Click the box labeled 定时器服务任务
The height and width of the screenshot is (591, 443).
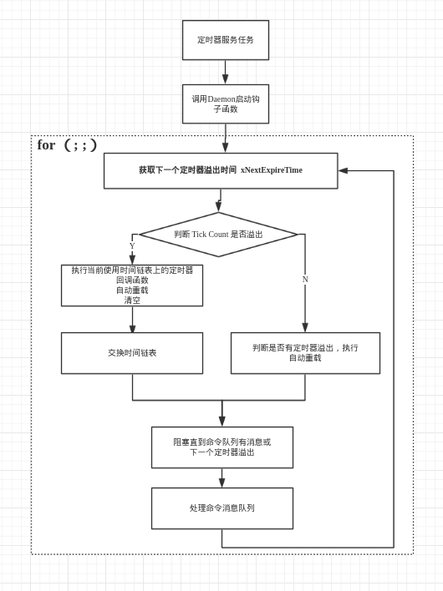pos(226,40)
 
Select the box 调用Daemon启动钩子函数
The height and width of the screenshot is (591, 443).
pos(226,104)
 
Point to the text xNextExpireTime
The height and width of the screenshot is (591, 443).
pos(272,170)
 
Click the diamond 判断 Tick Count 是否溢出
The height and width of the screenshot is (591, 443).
pos(218,235)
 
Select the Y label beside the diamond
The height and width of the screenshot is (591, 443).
pos(132,245)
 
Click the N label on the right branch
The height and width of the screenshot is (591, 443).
pos(305,280)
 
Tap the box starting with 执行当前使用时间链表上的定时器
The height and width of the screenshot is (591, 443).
pos(132,285)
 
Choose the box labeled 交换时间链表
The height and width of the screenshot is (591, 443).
pos(132,353)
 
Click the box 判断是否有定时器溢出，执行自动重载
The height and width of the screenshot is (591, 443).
pos(305,353)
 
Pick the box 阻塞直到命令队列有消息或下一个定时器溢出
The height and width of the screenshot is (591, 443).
pos(221,447)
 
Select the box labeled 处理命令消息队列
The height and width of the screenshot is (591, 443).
pos(221,508)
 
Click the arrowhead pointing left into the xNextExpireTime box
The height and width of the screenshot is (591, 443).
pos(343,170)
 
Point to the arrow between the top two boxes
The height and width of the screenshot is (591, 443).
pos(225,73)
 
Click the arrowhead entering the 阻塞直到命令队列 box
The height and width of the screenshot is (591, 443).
pos(221,422)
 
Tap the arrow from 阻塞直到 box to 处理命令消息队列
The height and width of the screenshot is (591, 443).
pos(221,478)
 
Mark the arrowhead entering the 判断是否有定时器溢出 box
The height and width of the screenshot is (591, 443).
pos(305,327)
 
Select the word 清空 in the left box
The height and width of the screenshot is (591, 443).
pos(132,301)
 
